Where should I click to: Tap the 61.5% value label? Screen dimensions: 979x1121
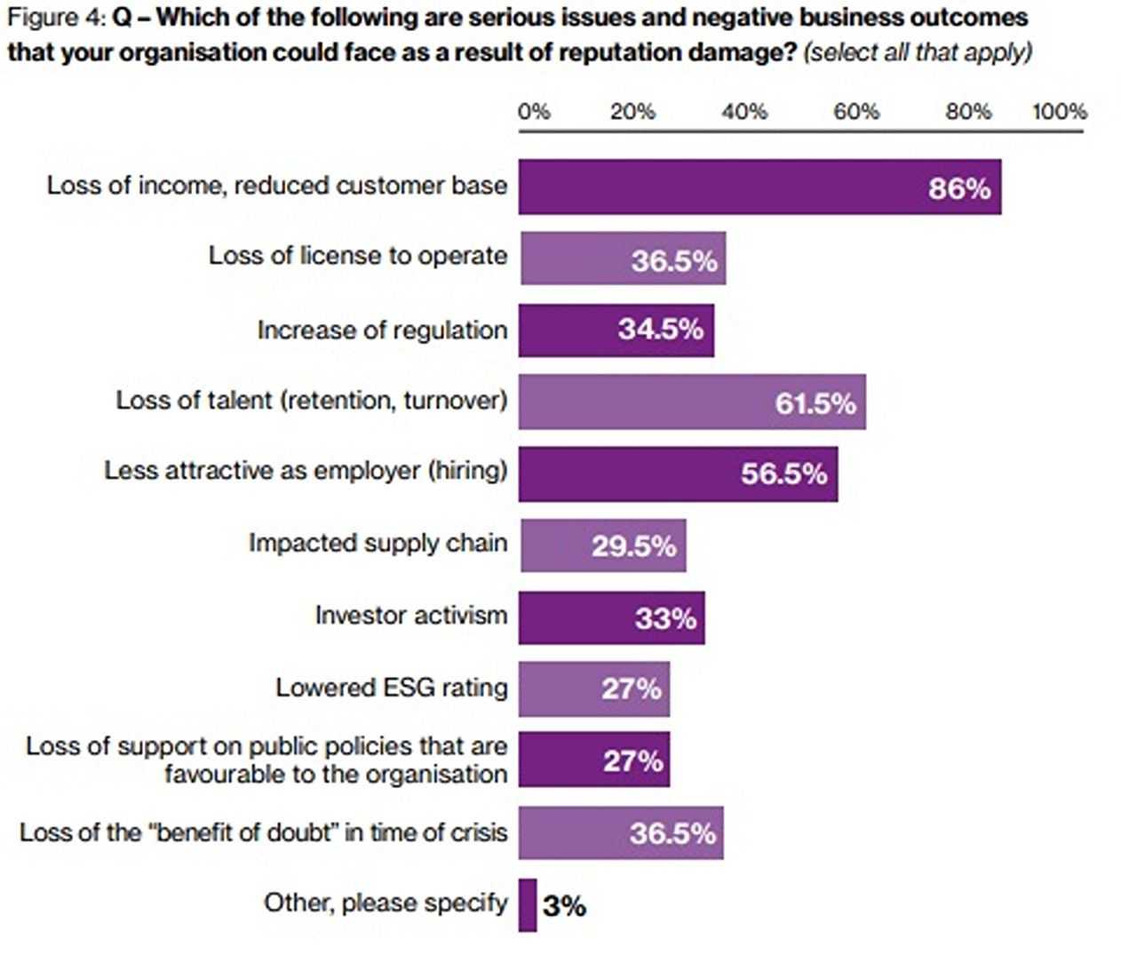(815, 403)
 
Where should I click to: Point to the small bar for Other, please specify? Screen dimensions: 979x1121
(528, 905)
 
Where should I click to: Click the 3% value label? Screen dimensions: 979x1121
(564, 906)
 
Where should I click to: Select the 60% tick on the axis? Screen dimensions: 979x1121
(855, 112)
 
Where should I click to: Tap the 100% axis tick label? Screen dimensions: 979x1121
(1059, 112)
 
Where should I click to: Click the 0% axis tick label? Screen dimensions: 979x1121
(534, 112)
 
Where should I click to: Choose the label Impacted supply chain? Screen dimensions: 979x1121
(378, 543)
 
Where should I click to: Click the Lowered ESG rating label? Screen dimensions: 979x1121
(391, 688)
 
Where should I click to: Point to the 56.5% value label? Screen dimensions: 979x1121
(783, 474)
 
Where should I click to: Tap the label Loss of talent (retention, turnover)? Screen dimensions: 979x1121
(311, 401)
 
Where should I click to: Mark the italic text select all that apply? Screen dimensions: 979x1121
(918, 52)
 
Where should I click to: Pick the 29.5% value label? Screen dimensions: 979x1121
(633, 545)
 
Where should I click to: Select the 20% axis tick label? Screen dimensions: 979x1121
(632, 112)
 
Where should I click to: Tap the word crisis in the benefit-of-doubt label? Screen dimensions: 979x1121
(482, 832)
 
